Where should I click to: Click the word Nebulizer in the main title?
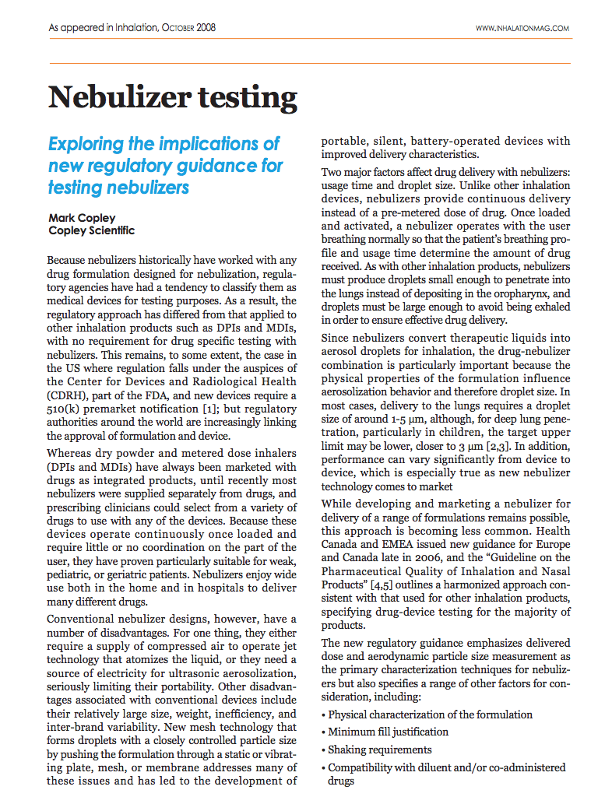[114, 98]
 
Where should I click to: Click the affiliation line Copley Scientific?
[91, 230]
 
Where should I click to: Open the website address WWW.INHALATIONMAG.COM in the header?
[522, 28]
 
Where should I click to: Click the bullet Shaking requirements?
[379, 750]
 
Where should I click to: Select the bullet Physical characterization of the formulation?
[430, 714]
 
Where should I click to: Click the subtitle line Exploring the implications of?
[164, 145]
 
